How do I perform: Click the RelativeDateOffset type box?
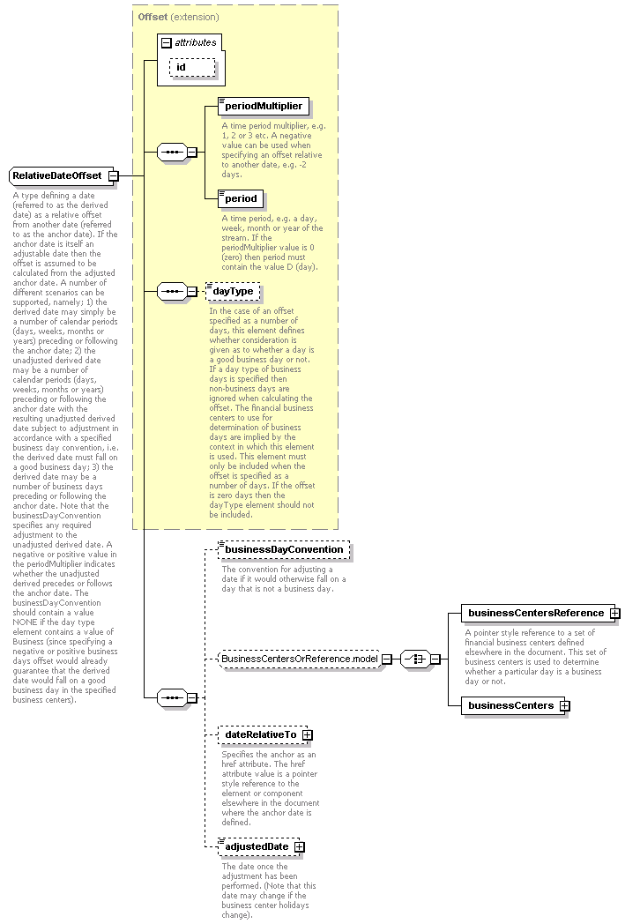58,176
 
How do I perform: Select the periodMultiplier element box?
263,107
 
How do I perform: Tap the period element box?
241,198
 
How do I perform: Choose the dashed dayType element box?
234,291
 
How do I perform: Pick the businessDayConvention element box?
283,550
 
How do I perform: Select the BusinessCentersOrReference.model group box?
299,659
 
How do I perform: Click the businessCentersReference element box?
535,613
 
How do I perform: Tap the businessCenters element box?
510,705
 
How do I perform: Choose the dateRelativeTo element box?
259,734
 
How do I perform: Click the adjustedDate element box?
256,847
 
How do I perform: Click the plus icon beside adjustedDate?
300,847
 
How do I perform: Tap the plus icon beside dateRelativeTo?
307,734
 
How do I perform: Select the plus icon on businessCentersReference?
614,613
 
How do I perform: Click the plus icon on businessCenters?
564,705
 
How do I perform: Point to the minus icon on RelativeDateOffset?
113,176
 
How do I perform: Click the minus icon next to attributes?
166,42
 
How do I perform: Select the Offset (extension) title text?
178,17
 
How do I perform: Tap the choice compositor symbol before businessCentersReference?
414,659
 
